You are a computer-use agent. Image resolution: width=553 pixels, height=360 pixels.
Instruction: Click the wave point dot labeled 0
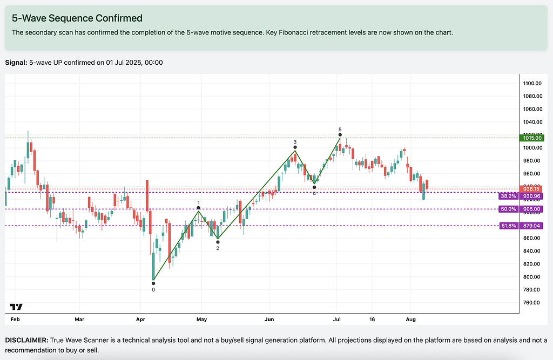pyautogui.click(x=154, y=282)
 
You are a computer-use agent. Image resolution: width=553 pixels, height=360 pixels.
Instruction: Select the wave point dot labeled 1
pyautogui.click(x=199, y=208)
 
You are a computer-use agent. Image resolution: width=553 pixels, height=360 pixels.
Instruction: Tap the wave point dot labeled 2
pyautogui.click(x=218, y=242)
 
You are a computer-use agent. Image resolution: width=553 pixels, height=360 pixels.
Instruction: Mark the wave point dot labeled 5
pyautogui.click(x=340, y=135)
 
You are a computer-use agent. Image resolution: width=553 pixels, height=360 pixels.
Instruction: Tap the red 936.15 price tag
pyautogui.click(x=531, y=188)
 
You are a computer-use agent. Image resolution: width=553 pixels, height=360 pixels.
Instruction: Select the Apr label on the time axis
pyautogui.click(x=140, y=320)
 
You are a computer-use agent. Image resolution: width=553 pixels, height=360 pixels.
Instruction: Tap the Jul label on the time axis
pyautogui.click(x=337, y=320)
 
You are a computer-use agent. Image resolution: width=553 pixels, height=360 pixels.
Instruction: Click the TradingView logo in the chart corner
pyautogui.click(x=16, y=307)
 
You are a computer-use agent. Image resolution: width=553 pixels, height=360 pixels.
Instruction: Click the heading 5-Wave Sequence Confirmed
pyautogui.click(x=77, y=18)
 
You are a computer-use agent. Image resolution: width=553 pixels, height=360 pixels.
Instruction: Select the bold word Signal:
pyautogui.click(x=16, y=63)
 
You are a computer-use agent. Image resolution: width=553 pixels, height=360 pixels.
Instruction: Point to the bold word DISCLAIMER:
pyautogui.click(x=26, y=341)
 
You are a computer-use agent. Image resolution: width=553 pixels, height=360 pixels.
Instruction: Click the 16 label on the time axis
pyautogui.click(x=372, y=320)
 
